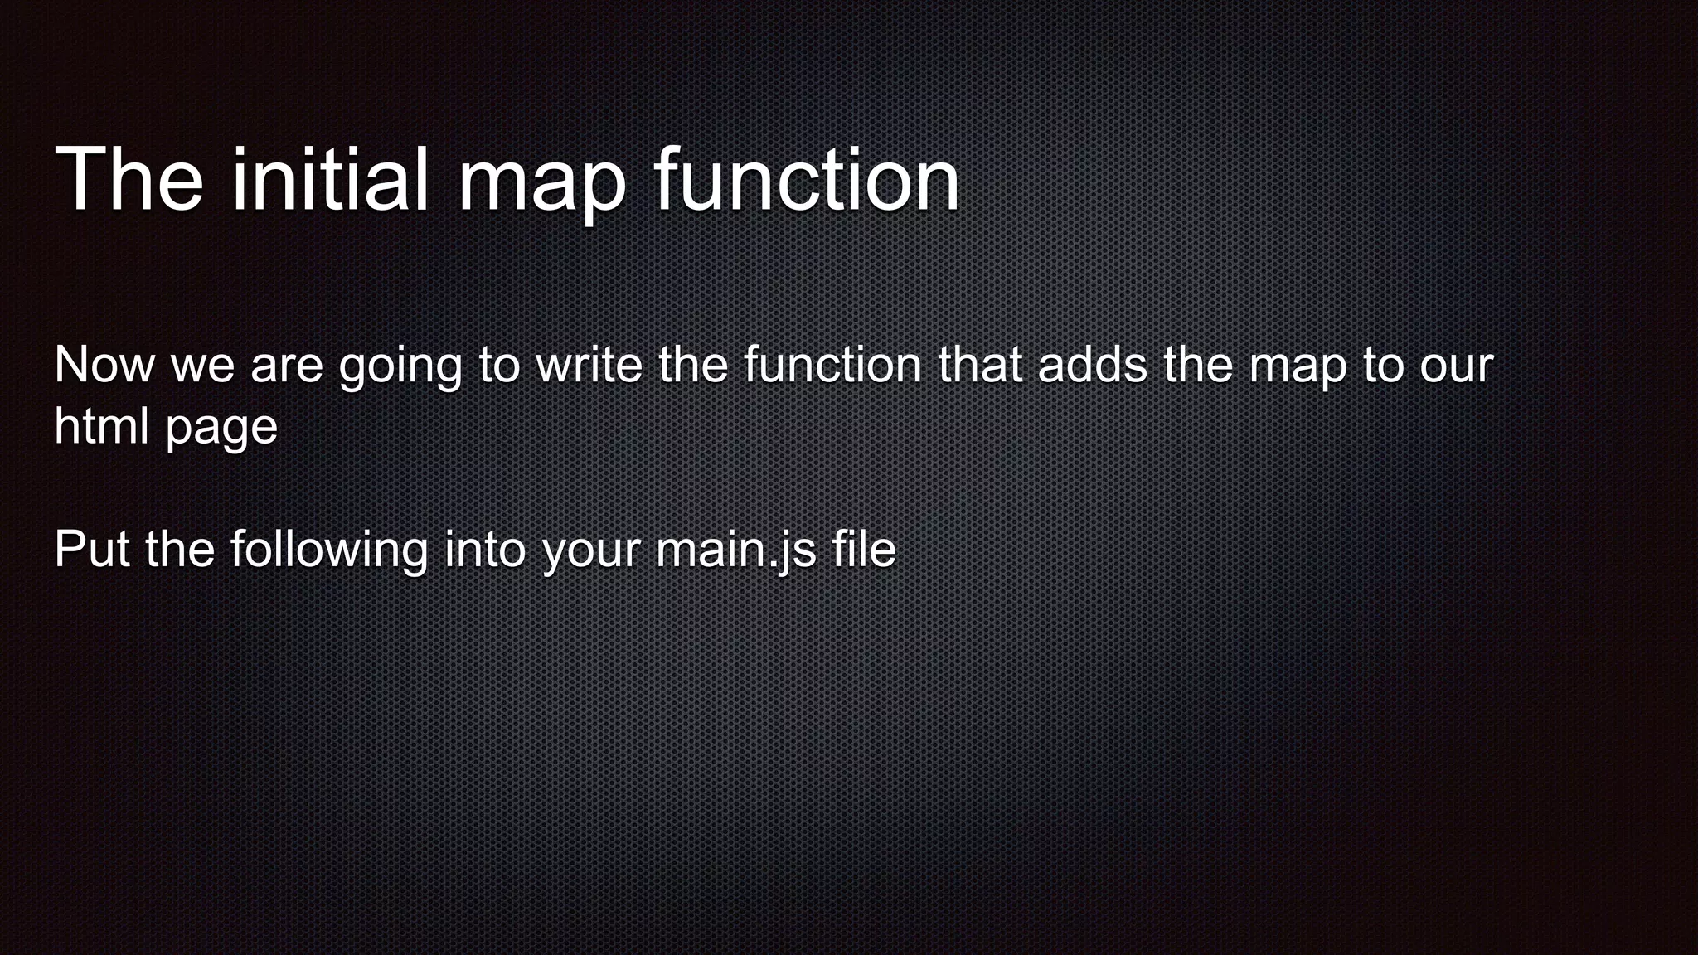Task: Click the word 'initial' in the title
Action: click(x=330, y=180)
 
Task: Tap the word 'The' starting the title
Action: click(x=129, y=180)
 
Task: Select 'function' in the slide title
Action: click(x=807, y=180)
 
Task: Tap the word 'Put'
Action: click(x=92, y=549)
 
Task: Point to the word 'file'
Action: click(x=865, y=549)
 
